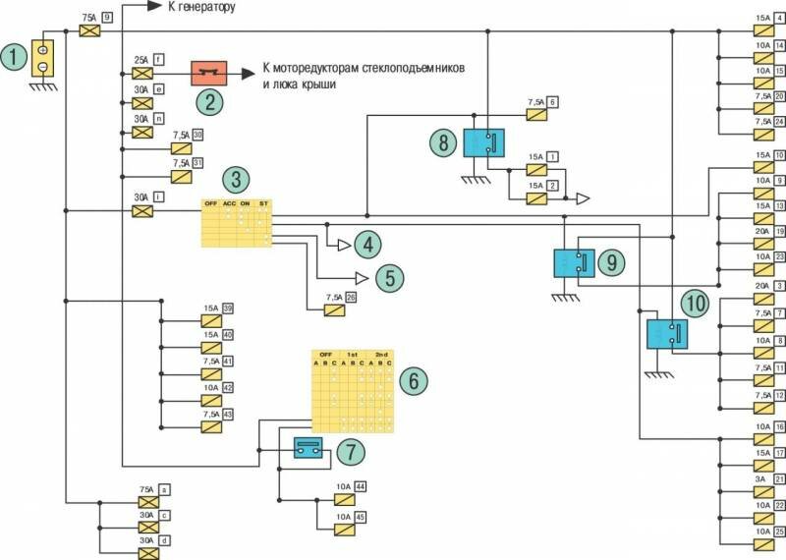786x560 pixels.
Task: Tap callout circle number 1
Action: [14, 57]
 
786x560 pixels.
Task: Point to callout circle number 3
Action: [236, 181]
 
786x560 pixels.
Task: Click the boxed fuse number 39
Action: [228, 310]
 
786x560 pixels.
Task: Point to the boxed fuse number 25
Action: [779, 532]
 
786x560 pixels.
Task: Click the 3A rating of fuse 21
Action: [759, 479]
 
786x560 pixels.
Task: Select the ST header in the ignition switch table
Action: [263, 203]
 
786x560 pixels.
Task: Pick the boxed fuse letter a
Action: [164, 488]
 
